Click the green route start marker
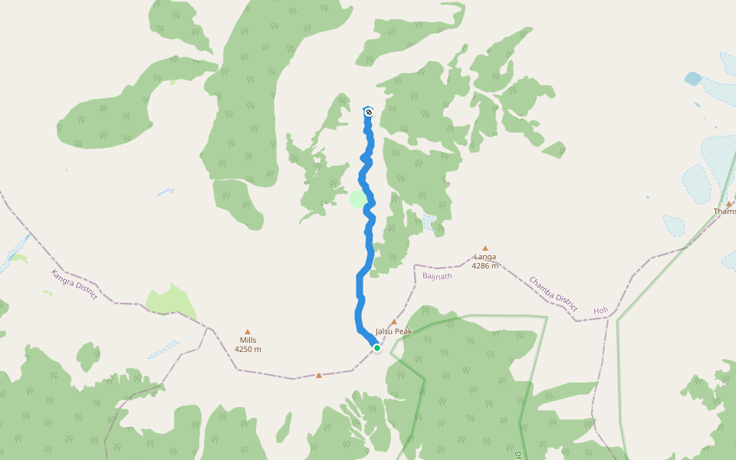(376, 347)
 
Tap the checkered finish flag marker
(368, 112)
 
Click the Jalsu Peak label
(393, 331)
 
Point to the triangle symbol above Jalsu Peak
(394, 323)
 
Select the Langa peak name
(485, 257)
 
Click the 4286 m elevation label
(485, 266)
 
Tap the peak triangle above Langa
(485, 248)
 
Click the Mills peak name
(248, 340)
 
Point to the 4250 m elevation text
(248, 350)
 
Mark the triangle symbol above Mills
(247, 331)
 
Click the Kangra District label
(74, 284)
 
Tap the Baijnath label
(437, 275)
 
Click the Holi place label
(600, 310)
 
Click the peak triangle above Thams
(729, 204)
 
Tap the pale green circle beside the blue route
(357, 199)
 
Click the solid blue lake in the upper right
(692, 78)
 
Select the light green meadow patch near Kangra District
(170, 301)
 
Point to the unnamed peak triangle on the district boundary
(319, 376)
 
